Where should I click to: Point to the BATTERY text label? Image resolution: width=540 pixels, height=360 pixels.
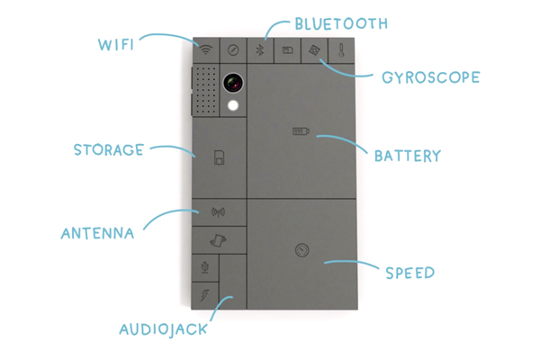pyautogui.click(x=406, y=156)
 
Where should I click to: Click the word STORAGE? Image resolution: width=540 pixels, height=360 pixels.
pyautogui.click(x=109, y=149)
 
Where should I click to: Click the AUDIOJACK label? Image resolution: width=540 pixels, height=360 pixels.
pyautogui.click(x=164, y=328)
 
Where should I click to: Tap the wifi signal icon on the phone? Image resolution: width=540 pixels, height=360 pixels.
pyautogui.click(x=206, y=50)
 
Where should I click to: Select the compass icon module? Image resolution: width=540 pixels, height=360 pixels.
pyautogui.click(x=232, y=50)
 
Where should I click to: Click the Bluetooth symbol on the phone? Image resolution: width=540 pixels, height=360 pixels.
pyautogui.click(x=260, y=50)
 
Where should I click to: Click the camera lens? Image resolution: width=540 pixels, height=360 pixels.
pyautogui.click(x=235, y=83)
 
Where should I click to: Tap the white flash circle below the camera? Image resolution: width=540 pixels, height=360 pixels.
pyautogui.click(x=235, y=106)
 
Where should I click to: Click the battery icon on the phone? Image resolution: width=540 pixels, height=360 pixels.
pyautogui.click(x=299, y=132)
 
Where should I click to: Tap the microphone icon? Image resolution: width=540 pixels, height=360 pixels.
pyautogui.click(x=205, y=267)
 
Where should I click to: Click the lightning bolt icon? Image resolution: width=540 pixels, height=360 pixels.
pyautogui.click(x=205, y=293)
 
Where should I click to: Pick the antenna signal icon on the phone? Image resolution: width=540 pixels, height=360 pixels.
pyautogui.click(x=217, y=213)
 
